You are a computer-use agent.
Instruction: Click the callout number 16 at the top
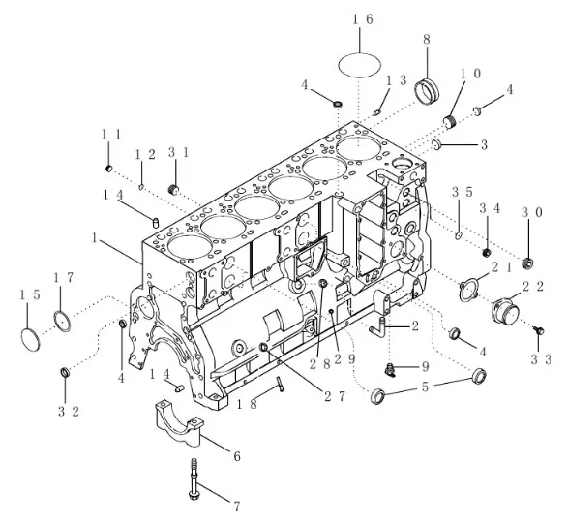point(363,19)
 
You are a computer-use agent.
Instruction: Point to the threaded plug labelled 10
point(450,122)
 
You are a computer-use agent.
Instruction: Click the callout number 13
point(397,80)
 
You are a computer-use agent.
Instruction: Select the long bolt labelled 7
point(194,479)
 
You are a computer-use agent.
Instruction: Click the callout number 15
point(29,295)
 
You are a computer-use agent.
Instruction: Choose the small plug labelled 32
point(65,372)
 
